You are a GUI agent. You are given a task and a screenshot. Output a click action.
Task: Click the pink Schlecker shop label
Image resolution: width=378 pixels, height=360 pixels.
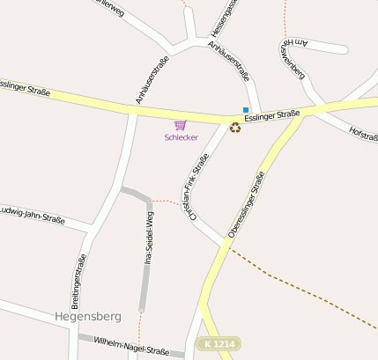tap(182, 137)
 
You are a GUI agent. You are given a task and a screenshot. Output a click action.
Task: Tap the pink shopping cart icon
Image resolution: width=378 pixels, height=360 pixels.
tap(181, 125)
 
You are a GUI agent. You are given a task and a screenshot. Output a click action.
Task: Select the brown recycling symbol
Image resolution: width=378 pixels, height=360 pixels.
tap(235, 128)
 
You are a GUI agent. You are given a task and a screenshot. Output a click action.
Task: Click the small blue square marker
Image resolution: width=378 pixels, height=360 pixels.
tap(246, 110)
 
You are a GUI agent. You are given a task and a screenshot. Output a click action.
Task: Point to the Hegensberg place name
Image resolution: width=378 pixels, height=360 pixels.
tap(86, 314)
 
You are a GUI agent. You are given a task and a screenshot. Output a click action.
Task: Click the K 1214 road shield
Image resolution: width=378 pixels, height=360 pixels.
tap(218, 343)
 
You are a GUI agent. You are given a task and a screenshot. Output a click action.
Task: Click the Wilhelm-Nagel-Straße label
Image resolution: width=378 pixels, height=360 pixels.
tap(131, 345)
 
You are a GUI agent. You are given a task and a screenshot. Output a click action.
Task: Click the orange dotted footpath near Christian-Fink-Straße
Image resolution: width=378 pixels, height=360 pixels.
tap(167, 201)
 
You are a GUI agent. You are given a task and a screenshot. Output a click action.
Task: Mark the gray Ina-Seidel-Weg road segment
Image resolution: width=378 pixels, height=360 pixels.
tap(144, 264)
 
